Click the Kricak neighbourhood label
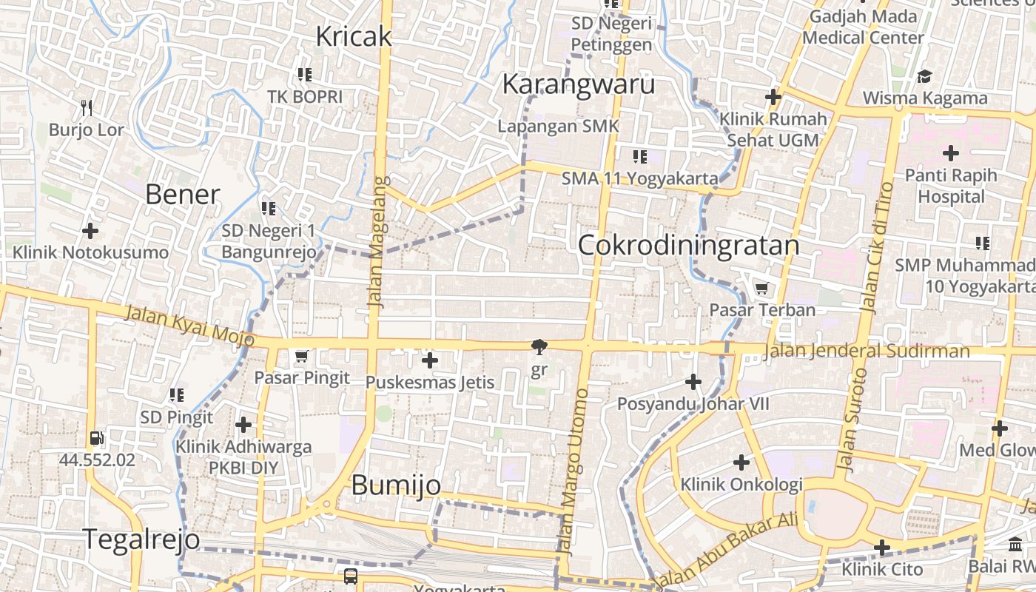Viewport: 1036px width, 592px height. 354,36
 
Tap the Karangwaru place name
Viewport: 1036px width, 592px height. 578,84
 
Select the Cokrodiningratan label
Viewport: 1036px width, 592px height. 688,245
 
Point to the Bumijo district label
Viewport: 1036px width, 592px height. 396,485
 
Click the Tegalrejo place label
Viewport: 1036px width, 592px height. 141,539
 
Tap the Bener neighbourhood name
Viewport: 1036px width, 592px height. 183,195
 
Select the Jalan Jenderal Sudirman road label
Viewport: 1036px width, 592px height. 866,351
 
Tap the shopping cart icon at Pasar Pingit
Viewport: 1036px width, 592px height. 301,357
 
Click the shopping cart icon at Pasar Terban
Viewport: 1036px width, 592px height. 761,288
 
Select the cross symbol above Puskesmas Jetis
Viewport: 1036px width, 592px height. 429,361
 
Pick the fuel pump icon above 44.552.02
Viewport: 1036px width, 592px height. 96,438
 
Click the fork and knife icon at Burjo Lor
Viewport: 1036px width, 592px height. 87,108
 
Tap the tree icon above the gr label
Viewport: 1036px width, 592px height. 539,346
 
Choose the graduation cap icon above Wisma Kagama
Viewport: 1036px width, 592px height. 924,76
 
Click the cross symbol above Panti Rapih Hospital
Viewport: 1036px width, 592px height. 951,154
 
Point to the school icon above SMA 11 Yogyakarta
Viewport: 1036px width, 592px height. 639,157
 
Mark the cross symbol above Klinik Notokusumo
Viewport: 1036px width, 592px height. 90,231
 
